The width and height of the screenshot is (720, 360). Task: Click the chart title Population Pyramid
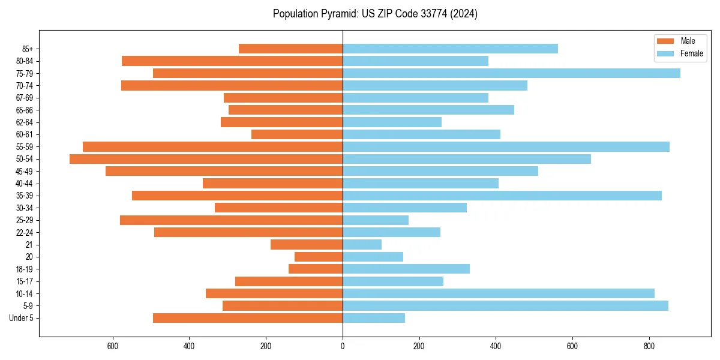pos(375,14)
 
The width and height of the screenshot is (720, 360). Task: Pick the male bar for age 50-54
pos(206,159)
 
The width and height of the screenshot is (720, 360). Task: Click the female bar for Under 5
pos(373,318)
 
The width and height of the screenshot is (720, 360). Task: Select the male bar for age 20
pos(319,257)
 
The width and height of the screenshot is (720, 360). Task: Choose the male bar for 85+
pos(290,49)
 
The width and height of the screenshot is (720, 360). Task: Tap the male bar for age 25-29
pos(231,220)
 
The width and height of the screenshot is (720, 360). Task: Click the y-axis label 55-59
pos(24,147)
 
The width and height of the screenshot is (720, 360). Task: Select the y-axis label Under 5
pos(22,318)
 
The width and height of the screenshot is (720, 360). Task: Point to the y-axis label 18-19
pos(24,269)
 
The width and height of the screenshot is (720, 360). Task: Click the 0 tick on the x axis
pos(343,346)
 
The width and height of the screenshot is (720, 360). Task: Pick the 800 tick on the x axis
pos(649,346)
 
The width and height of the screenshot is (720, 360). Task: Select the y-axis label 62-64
pos(24,122)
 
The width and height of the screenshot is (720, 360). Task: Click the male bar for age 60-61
pos(297,134)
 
